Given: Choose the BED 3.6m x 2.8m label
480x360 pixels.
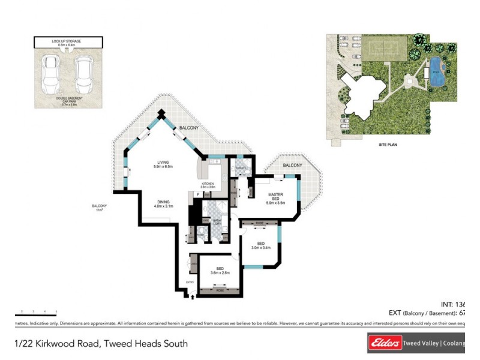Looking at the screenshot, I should [x=221, y=271].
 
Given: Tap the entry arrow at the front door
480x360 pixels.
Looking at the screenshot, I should [x=192, y=295].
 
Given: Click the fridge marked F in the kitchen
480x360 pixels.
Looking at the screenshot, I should [x=197, y=194].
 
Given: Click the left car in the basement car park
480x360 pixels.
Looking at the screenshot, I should [x=49, y=74].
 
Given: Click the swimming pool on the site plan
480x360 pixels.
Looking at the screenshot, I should [x=437, y=72].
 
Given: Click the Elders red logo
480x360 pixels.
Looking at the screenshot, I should [x=385, y=343].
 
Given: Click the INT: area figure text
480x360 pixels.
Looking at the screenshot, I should [x=453, y=304].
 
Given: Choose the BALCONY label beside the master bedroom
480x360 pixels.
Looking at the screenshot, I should [x=292, y=165].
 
